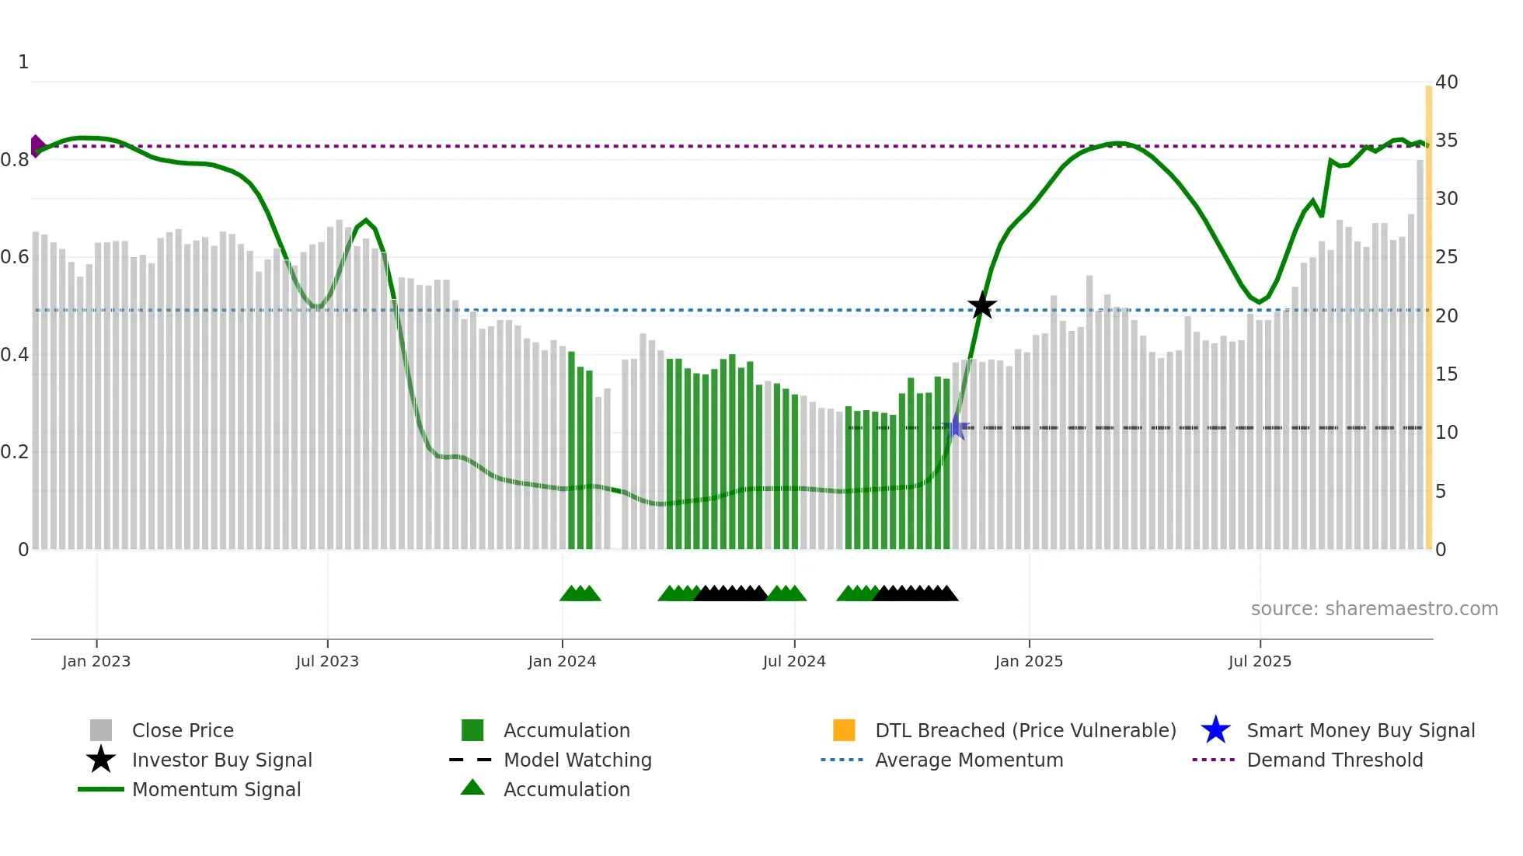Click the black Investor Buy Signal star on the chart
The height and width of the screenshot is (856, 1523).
tap(982, 305)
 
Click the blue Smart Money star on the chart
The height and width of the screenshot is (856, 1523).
tap(957, 427)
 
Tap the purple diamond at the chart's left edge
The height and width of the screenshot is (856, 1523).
tap(37, 146)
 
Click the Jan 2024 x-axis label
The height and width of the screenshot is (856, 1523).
tap(562, 661)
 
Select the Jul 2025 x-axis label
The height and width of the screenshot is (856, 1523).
tap(1260, 661)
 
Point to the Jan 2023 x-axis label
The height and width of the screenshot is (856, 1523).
tap(96, 661)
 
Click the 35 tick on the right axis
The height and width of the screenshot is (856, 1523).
tap(1446, 141)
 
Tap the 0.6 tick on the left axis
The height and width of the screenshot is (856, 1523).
tap(16, 257)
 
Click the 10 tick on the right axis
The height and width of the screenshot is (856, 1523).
tap(1446, 433)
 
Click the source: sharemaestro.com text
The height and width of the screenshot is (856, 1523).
tap(1374, 609)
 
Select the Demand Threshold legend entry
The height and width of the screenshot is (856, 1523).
tap(1334, 760)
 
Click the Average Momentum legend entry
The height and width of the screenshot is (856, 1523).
tap(968, 760)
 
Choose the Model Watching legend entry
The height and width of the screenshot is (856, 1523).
tap(577, 760)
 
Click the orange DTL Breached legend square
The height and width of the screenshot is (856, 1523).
tap(844, 730)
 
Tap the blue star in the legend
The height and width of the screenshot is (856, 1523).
tap(1215, 730)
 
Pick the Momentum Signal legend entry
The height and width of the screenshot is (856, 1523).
tap(216, 789)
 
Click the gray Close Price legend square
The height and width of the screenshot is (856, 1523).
tap(101, 730)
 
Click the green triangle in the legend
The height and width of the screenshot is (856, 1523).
tap(472, 788)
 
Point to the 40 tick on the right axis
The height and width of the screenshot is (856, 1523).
tap(1446, 82)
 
